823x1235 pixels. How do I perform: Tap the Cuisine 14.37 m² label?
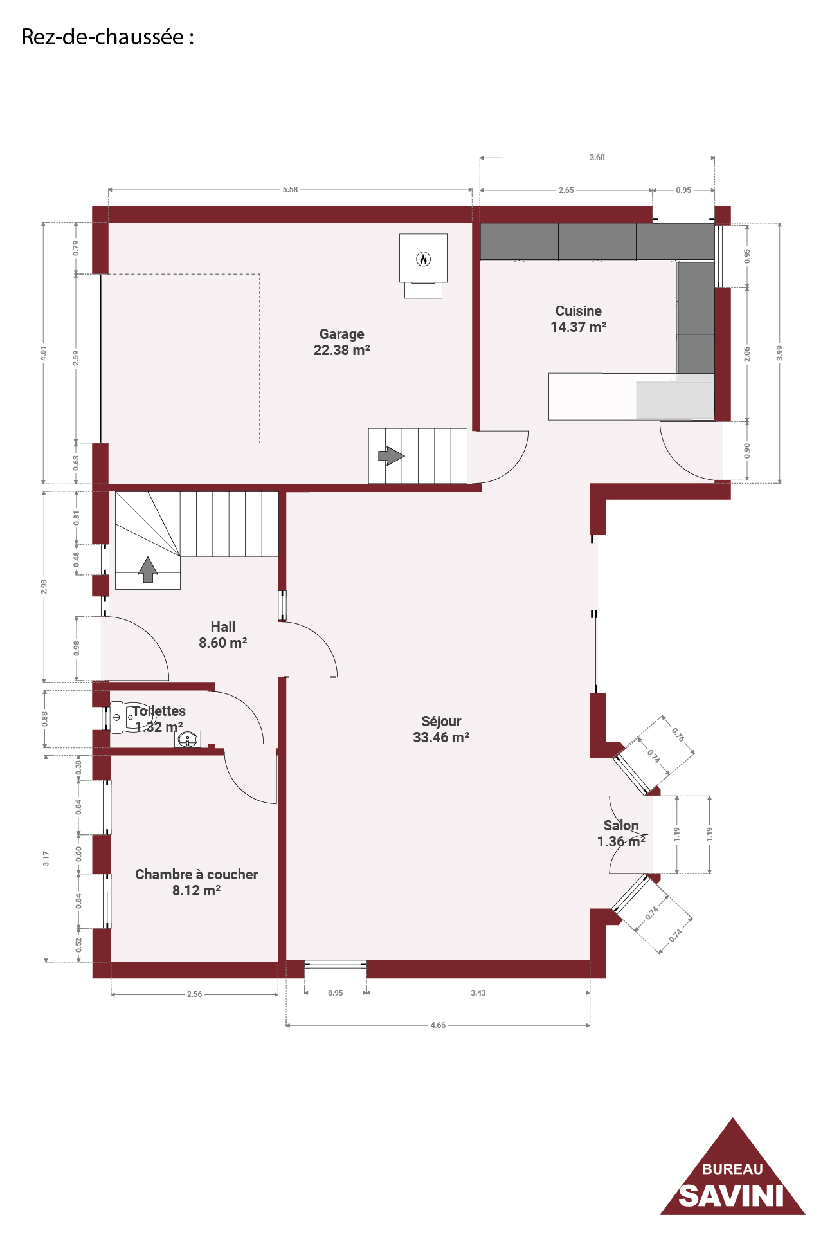[579, 319]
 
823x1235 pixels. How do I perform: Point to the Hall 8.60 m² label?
[223, 635]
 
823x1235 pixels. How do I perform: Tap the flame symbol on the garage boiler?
[423, 259]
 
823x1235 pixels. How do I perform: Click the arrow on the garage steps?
[391, 456]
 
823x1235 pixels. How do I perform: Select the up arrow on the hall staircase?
[148, 570]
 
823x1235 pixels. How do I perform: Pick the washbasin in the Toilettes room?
[188, 740]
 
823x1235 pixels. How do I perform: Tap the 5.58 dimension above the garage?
[290, 190]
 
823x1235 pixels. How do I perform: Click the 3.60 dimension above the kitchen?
[597, 158]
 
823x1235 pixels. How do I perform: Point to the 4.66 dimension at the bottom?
[438, 1025]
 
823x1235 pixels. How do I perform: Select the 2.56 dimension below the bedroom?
[194, 994]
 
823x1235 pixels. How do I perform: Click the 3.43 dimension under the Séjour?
[478, 993]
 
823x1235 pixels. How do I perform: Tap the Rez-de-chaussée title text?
[107, 37]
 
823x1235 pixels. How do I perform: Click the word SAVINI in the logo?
[732, 1196]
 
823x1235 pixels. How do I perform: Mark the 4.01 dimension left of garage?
[43, 352]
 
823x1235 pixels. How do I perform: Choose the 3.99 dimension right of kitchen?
[779, 352]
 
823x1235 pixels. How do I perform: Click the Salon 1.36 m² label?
[621, 834]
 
